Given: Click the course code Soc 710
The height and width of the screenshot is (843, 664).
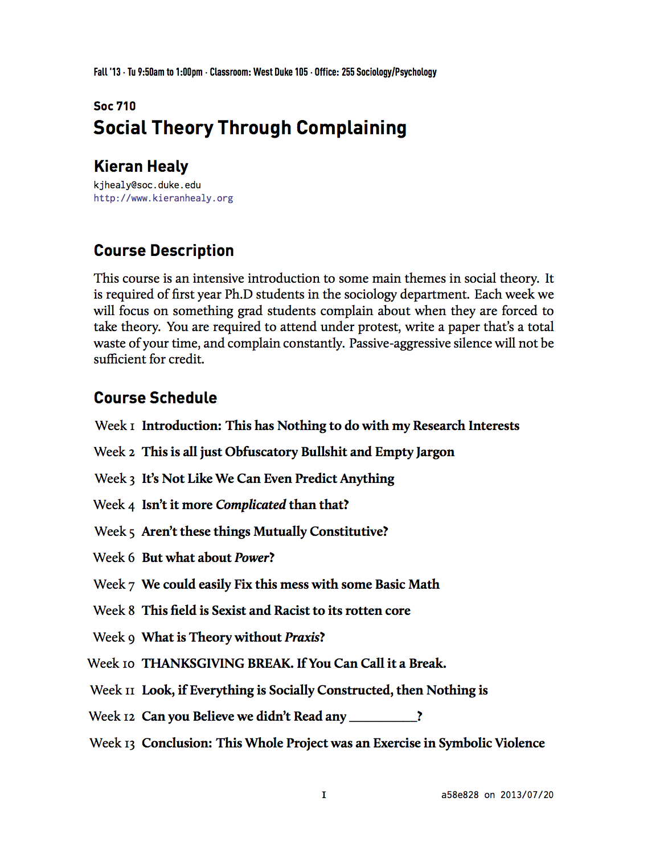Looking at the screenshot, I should click(x=114, y=106).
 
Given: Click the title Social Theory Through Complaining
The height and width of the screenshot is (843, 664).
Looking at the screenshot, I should click(x=250, y=128).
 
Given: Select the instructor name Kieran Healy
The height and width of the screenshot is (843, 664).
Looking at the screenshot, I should click(x=141, y=167).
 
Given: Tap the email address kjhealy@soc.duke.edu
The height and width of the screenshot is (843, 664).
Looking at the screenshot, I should click(x=147, y=185).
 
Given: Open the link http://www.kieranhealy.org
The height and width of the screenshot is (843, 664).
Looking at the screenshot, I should click(x=163, y=199).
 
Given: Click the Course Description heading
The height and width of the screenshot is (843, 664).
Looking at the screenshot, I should click(x=163, y=251).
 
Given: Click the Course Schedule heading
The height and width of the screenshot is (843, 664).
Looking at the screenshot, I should click(x=155, y=398).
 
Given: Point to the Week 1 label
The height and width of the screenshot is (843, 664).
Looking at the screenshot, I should click(x=114, y=426).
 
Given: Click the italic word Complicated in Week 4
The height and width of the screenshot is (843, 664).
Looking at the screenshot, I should click(x=251, y=505).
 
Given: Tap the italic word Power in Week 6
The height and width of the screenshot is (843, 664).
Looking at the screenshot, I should click(x=251, y=558).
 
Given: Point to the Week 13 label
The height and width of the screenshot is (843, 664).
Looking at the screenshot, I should click(x=112, y=743).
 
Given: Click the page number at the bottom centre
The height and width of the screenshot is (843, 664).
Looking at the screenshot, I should click(x=324, y=795).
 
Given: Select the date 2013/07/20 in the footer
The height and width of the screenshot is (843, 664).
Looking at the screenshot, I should click(x=527, y=795).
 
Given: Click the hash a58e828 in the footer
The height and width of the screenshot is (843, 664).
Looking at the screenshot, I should click(x=460, y=795).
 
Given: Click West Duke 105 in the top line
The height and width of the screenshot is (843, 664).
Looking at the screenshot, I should click(x=280, y=72).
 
